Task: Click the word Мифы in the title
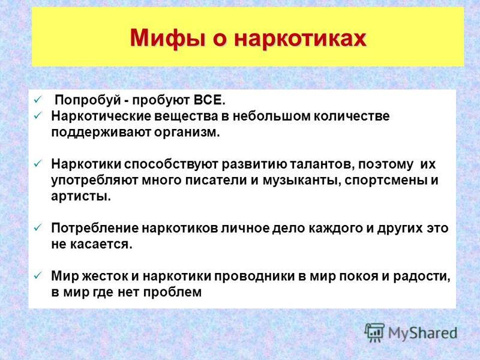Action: pyautogui.click(x=167, y=38)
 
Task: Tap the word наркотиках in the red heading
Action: pyautogui.click(x=301, y=38)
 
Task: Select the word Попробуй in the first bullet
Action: pyautogui.click(x=88, y=100)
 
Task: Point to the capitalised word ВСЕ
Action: pyautogui.click(x=209, y=100)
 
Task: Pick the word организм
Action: pyautogui.click(x=187, y=133)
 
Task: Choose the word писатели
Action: pyautogui.click(x=217, y=181)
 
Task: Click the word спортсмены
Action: pyautogui.click(x=386, y=181)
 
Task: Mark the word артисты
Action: pyautogui.click(x=81, y=196)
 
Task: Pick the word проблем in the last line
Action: pyautogui.click(x=172, y=292)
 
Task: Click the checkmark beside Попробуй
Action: pyautogui.click(x=38, y=100)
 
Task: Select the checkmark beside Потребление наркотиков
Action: pyautogui.click(x=38, y=228)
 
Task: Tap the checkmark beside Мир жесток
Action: pyautogui.click(x=38, y=276)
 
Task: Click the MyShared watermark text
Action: pyautogui.click(x=422, y=334)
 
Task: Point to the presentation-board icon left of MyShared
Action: pyautogui.click(x=374, y=332)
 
